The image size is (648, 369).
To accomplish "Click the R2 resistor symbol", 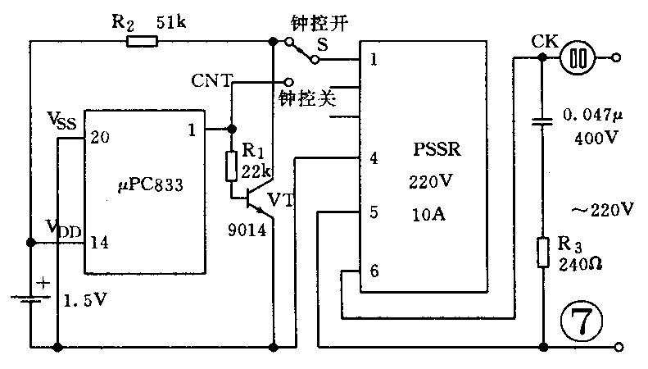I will click(141, 40).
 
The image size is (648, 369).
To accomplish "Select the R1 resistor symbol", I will click(231, 166).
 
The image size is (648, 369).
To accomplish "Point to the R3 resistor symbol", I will click(542, 252).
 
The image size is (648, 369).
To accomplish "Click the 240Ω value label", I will click(581, 266).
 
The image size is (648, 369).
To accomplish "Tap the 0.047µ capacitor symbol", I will click(542, 122).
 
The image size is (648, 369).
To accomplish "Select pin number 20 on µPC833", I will click(99, 136).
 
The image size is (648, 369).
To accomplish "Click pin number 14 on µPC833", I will click(99, 242).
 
